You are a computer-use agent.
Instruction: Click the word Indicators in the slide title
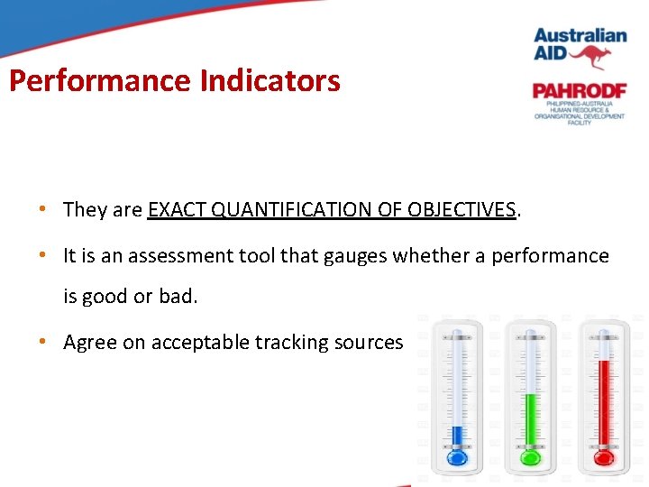(x=270, y=81)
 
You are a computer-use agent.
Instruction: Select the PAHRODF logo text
(x=578, y=91)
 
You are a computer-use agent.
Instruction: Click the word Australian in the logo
(x=580, y=36)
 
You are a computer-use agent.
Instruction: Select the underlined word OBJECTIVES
(x=462, y=210)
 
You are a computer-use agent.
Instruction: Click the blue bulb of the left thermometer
(x=456, y=458)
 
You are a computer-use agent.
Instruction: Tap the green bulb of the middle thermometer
(x=531, y=458)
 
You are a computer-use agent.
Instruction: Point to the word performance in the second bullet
(x=553, y=256)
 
